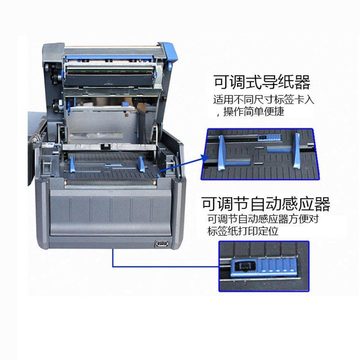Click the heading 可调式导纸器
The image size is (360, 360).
(261, 83)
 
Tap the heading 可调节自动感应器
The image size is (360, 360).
(265, 204)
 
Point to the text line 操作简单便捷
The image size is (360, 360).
(254, 112)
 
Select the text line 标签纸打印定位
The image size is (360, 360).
(243, 232)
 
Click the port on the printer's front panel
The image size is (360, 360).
(160, 244)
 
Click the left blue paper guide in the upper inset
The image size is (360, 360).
(222, 153)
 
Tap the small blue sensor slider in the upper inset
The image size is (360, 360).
(270, 136)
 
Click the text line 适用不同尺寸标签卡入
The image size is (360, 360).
(263, 100)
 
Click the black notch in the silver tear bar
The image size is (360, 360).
(105, 146)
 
